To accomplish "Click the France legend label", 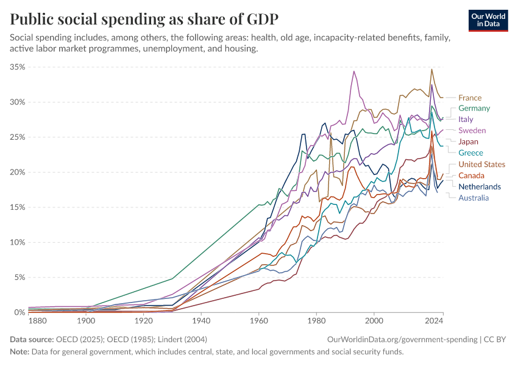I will [x=470, y=98].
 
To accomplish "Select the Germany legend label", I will [x=474, y=109].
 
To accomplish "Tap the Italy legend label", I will [x=467, y=120].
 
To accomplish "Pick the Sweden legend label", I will [x=472, y=131].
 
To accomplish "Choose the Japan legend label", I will [x=469, y=142].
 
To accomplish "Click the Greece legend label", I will [x=471, y=152].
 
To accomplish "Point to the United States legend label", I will [x=482, y=164].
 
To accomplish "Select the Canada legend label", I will [x=472, y=175].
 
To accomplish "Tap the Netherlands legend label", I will [x=480, y=186].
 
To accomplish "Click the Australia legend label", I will [x=474, y=197].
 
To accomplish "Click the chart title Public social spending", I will [x=144, y=19].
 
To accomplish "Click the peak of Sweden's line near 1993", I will [x=353, y=71].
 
